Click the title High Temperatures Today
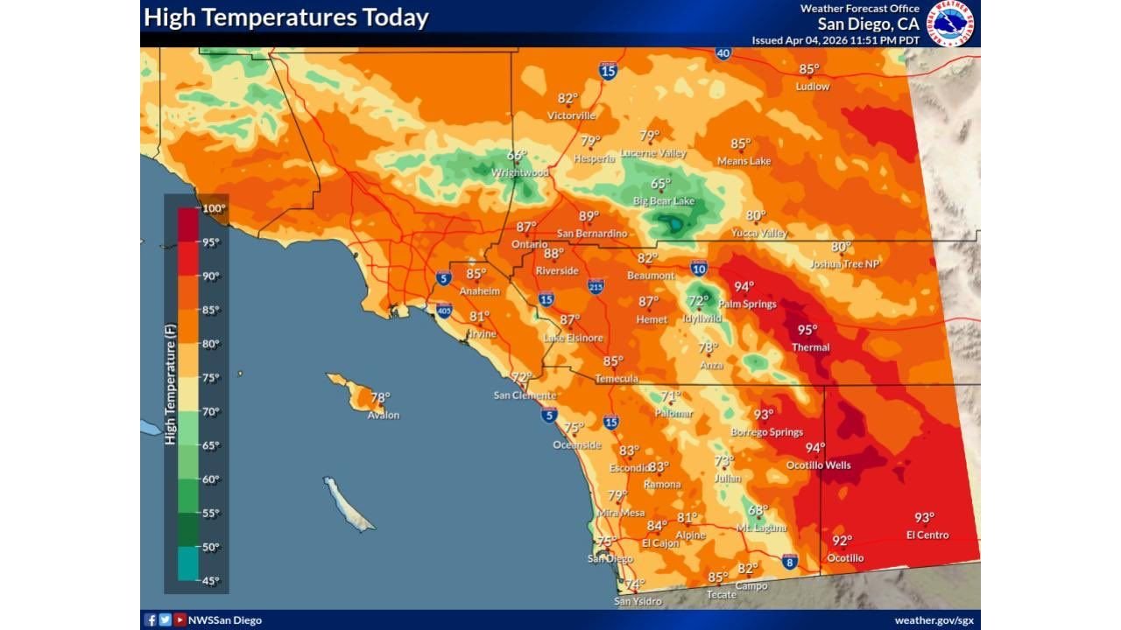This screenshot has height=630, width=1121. (286, 17)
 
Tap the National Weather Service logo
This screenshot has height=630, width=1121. (951, 23)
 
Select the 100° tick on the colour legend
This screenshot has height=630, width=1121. (215, 209)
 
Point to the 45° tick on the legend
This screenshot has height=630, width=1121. (211, 580)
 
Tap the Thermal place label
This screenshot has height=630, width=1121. (810, 347)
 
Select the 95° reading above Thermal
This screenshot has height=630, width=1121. (807, 330)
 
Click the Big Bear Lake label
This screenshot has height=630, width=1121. (664, 201)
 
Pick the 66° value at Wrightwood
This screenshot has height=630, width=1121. (517, 156)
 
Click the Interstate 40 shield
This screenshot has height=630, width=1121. (723, 53)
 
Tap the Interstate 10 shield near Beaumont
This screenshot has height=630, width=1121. (698, 269)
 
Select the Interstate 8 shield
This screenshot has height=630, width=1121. (789, 561)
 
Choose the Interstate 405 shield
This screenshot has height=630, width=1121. (444, 310)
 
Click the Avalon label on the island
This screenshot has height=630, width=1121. (383, 415)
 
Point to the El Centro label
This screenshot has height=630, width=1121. (927, 535)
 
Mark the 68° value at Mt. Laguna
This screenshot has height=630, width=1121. (758, 510)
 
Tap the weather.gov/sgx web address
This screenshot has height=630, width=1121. (934, 620)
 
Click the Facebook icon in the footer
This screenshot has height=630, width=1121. (151, 620)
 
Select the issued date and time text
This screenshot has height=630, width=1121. (835, 40)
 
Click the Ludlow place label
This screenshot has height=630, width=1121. (812, 87)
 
